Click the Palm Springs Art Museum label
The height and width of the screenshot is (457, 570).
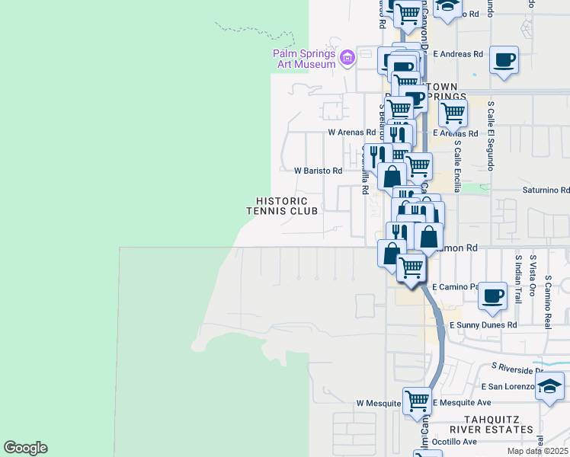point(305,59)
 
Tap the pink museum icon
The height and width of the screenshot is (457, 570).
point(347,57)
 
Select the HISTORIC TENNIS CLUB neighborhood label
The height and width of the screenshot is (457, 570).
point(282,206)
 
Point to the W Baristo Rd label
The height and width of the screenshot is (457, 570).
point(319,171)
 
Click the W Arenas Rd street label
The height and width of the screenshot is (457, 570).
point(352,132)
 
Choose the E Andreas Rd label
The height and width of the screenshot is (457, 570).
point(458,54)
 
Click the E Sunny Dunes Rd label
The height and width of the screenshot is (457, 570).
point(483,324)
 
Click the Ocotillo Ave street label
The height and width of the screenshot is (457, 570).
point(454,441)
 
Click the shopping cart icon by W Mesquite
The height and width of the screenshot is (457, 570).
point(417,400)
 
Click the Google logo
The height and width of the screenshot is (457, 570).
point(25,448)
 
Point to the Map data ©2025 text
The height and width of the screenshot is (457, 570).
point(537,451)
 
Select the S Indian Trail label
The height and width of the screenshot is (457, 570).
point(518,279)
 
